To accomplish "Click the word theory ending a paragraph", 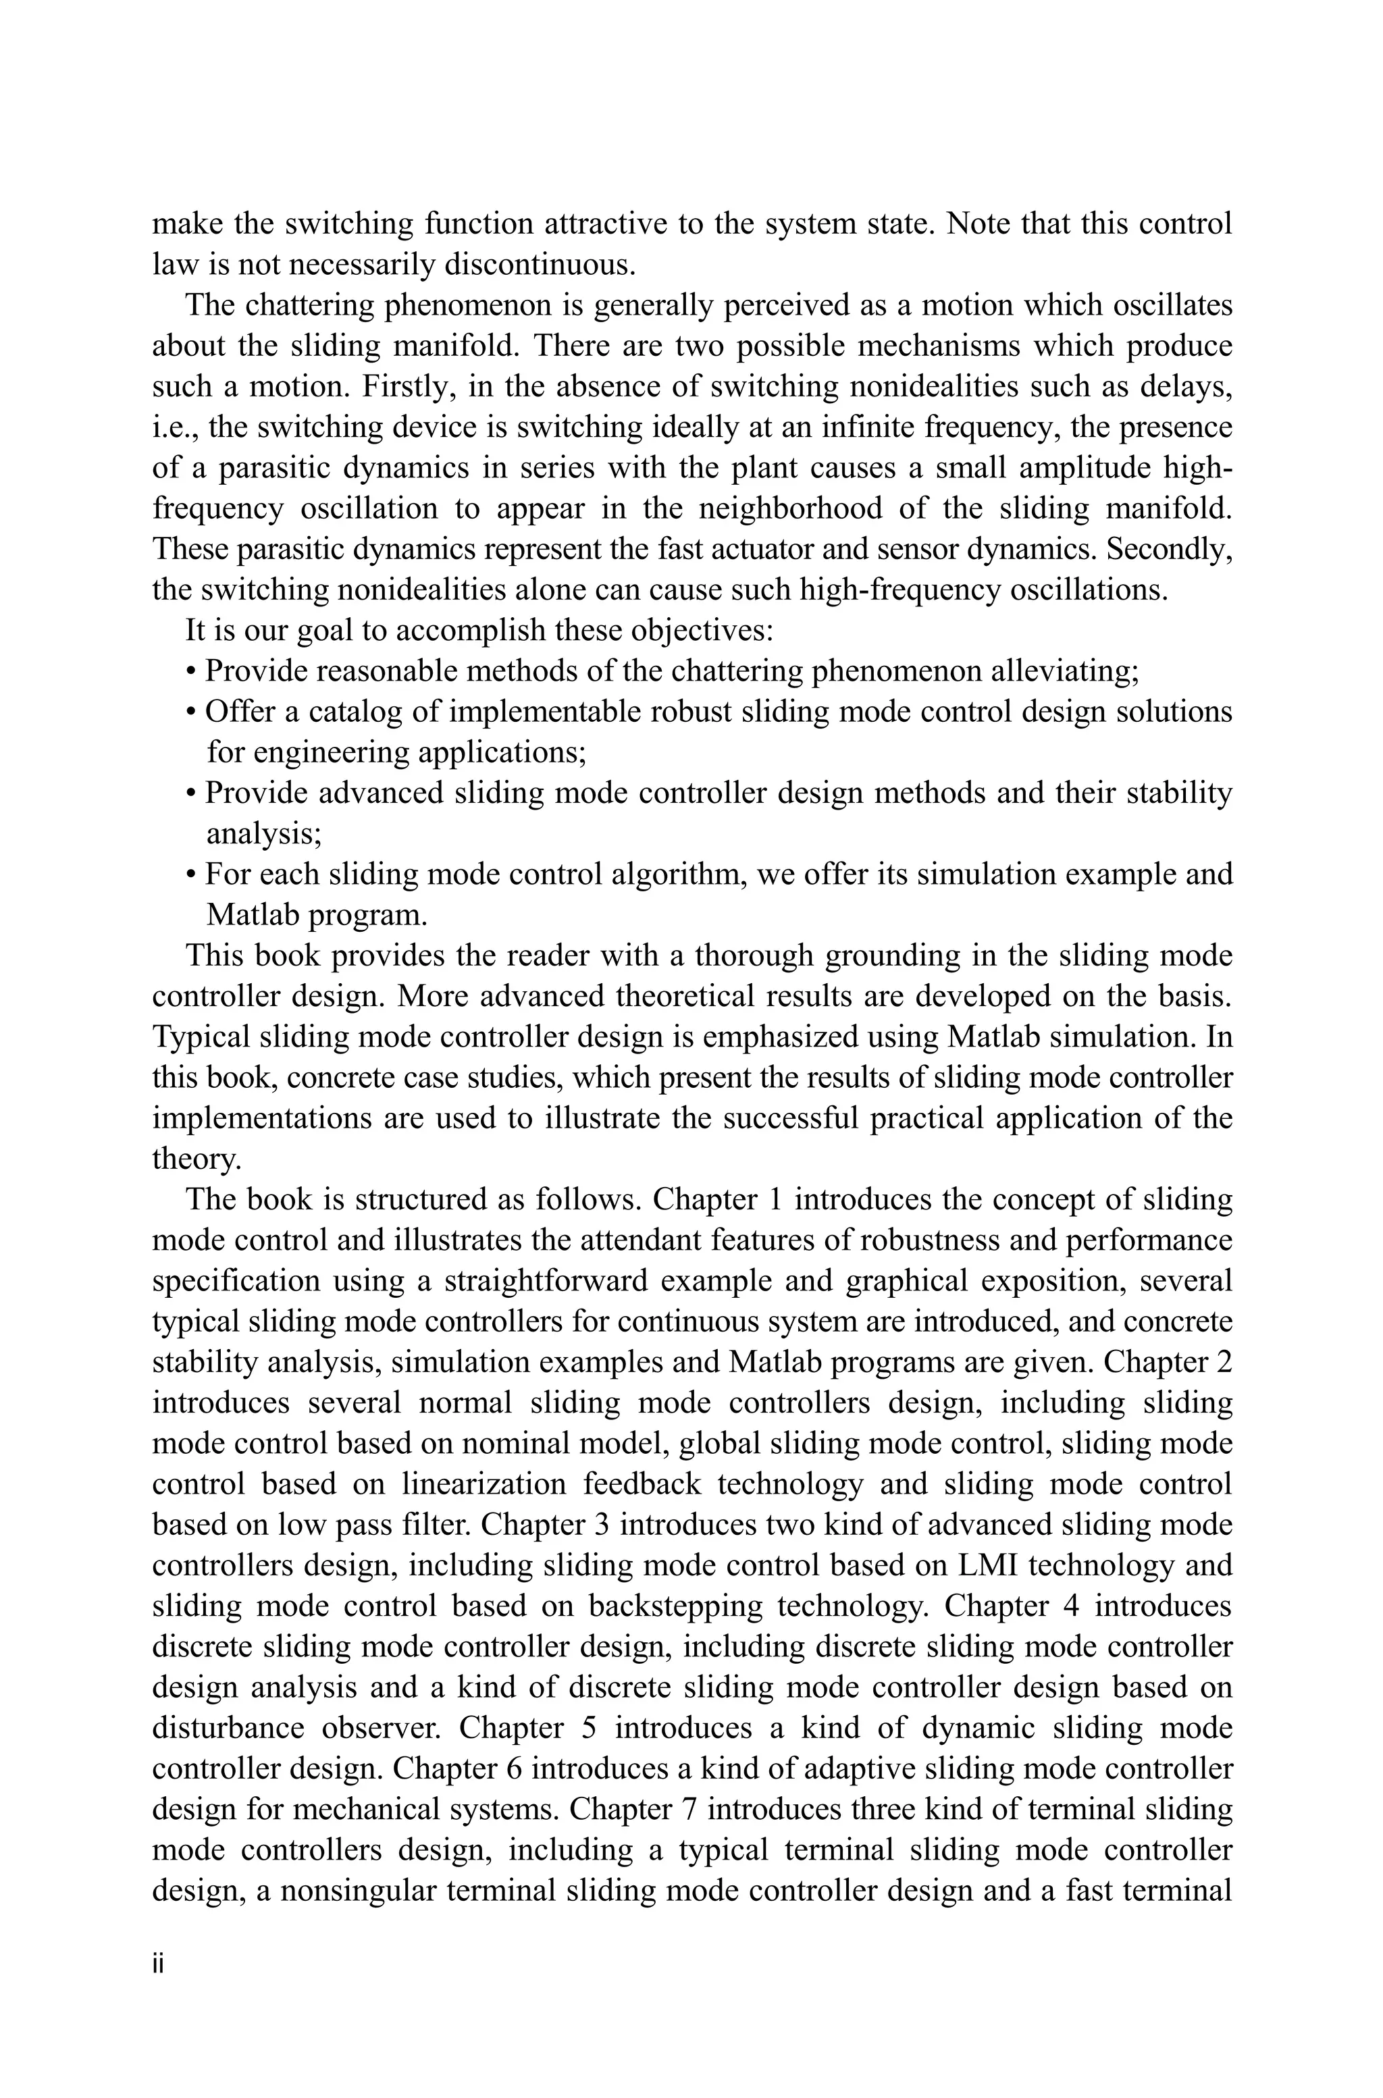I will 196,1159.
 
